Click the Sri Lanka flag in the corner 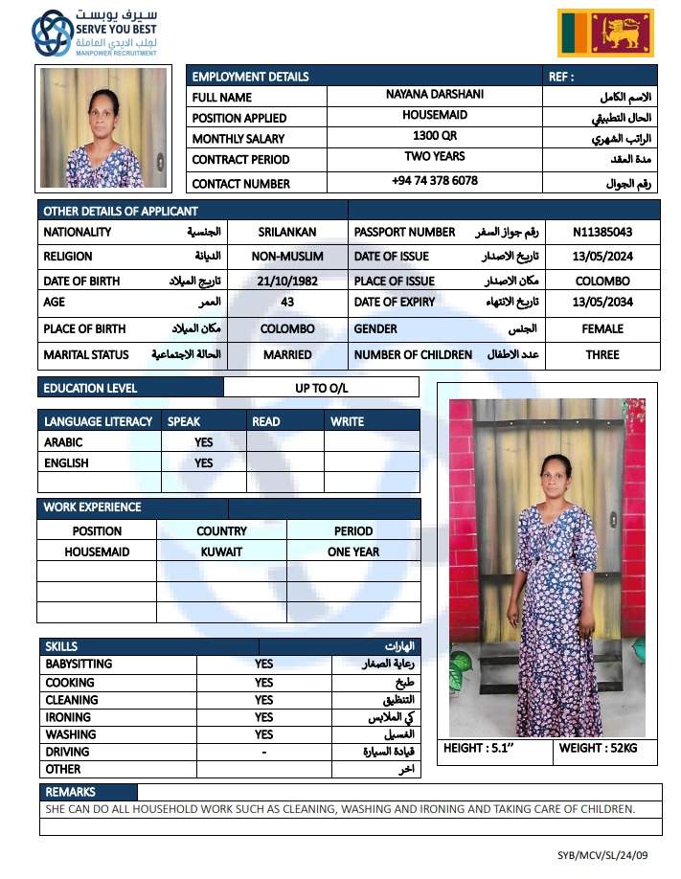click(605, 34)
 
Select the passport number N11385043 click(602, 232)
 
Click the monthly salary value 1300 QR click(435, 136)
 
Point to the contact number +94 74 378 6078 click(435, 180)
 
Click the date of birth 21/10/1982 click(287, 282)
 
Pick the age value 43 click(287, 302)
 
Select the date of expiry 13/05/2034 click(602, 302)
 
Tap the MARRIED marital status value click(287, 354)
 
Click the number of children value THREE click(602, 354)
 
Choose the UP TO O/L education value click(323, 388)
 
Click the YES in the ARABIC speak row click(204, 442)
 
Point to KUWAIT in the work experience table click(221, 552)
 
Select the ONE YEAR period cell click(353, 552)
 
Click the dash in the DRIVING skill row click(264, 752)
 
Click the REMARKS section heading click(71, 792)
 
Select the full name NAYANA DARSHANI click(435, 95)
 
